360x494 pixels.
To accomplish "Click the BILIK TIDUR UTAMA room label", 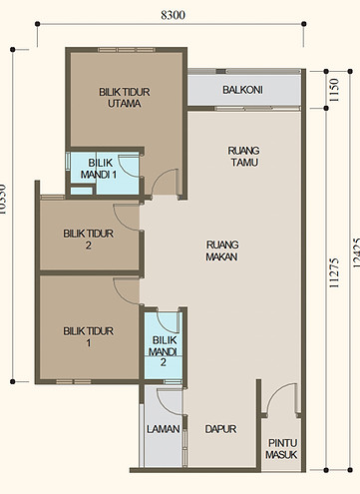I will (124, 97).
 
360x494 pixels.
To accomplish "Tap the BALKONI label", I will (242, 90).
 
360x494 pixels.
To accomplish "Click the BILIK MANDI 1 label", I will (100, 169).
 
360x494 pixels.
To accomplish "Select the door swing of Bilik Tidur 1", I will (128, 291).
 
